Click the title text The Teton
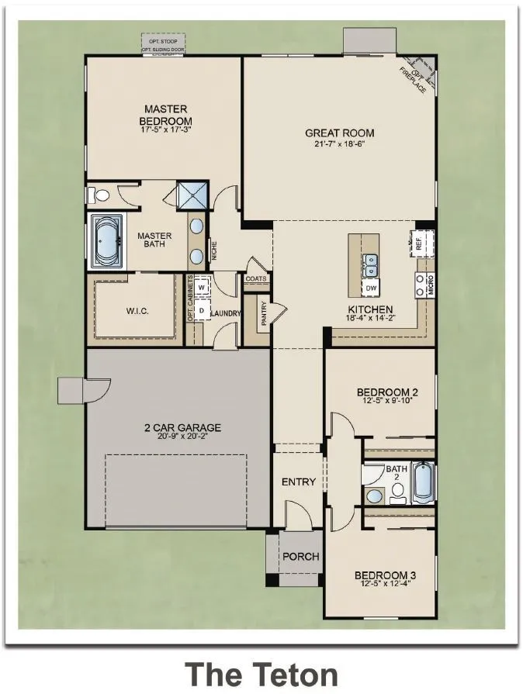pos(261,672)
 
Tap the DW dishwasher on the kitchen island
pos(372,287)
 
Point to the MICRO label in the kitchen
pos(430,286)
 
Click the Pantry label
pos(265,316)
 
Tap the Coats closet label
pos(256,279)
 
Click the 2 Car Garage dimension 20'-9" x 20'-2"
pos(182,437)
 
